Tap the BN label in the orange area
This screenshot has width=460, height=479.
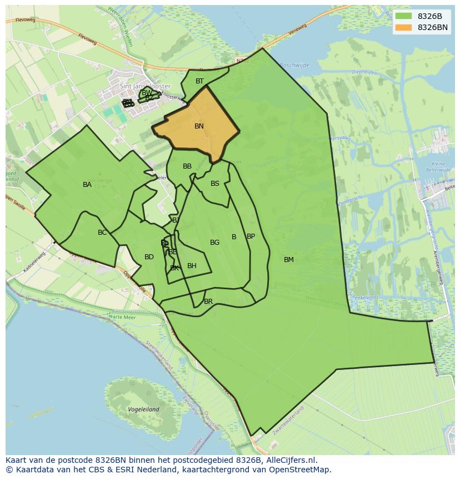(x=199, y=126)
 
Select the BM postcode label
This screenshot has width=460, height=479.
(x=289, y=260)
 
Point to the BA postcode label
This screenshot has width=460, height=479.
(x=87, y=185)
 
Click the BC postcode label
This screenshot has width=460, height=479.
(x=102, y=233)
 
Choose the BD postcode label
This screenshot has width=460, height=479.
(x=149, y=257)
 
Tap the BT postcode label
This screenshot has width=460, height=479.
(x=199, y=81)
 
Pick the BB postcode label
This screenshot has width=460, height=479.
(x=187, y=166)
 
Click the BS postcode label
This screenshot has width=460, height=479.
(x=215, y=184)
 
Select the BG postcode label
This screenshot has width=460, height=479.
(x=214, y=243)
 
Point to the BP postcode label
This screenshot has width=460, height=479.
(x=251, y=236)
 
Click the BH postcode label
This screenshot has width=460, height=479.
(x=192, y=266)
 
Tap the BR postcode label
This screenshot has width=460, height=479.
(x=208, y=302)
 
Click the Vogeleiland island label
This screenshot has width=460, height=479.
(x=143, y=409)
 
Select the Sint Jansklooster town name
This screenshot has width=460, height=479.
(x=145, y=86)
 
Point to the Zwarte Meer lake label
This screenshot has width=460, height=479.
(x=122, y=317)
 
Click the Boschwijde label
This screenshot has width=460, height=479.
(x=294, y=65)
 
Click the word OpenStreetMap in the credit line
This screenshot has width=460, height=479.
(x=302, y=470)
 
